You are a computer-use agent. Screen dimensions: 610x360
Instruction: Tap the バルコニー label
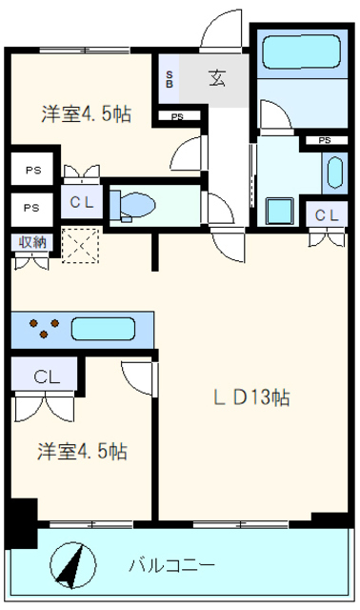pos(171,564)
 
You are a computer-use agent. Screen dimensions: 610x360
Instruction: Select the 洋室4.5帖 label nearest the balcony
pos(84,450)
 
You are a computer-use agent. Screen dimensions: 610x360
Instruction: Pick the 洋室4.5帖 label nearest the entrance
pos(86,114)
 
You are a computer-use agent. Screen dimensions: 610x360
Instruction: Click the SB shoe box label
pos(170,79)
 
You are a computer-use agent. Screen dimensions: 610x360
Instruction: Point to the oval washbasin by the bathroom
pos(334,173)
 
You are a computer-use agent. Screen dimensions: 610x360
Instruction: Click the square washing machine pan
pos(281,210)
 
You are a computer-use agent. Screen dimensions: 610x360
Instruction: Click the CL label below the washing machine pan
pos(326,216)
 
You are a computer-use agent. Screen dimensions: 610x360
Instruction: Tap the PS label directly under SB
pos(178,117)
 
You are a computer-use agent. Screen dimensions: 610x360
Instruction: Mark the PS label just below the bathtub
pos(325,141)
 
